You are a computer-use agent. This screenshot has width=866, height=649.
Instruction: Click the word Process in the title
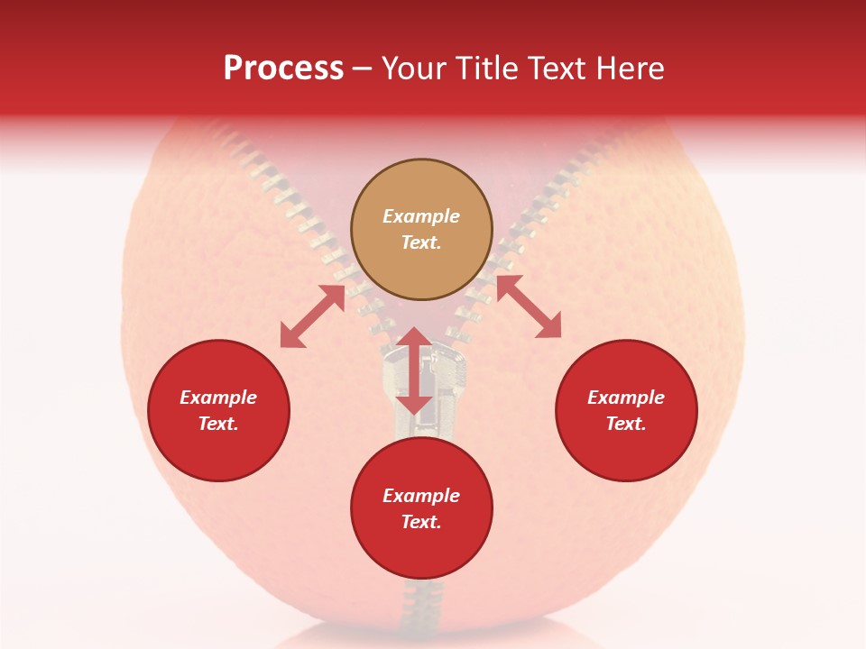click(x=283, y=69)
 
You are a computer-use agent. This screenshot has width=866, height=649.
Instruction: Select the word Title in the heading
click(x=495, y=69)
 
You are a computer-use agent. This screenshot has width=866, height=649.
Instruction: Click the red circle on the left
click(x=218, y=410)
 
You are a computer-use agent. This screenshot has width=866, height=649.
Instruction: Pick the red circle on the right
click(x=626, y=410)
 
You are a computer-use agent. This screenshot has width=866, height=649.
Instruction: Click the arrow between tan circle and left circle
click(x=312, y=316)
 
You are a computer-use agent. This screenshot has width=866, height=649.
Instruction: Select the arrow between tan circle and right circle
click(x=528, y=307)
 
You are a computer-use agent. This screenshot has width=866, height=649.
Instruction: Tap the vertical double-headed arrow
click(x=414, y=370)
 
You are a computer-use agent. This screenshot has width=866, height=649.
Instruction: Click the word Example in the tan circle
click(x=421, y=216)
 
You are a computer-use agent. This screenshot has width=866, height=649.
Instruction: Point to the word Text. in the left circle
click(x=218, y=424)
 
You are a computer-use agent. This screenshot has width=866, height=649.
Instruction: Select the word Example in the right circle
click(x=626, y=398)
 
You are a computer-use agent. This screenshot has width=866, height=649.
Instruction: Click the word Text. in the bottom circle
click(x=421, y=522)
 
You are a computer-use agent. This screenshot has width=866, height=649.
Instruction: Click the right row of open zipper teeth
click(x=532, y=216)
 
